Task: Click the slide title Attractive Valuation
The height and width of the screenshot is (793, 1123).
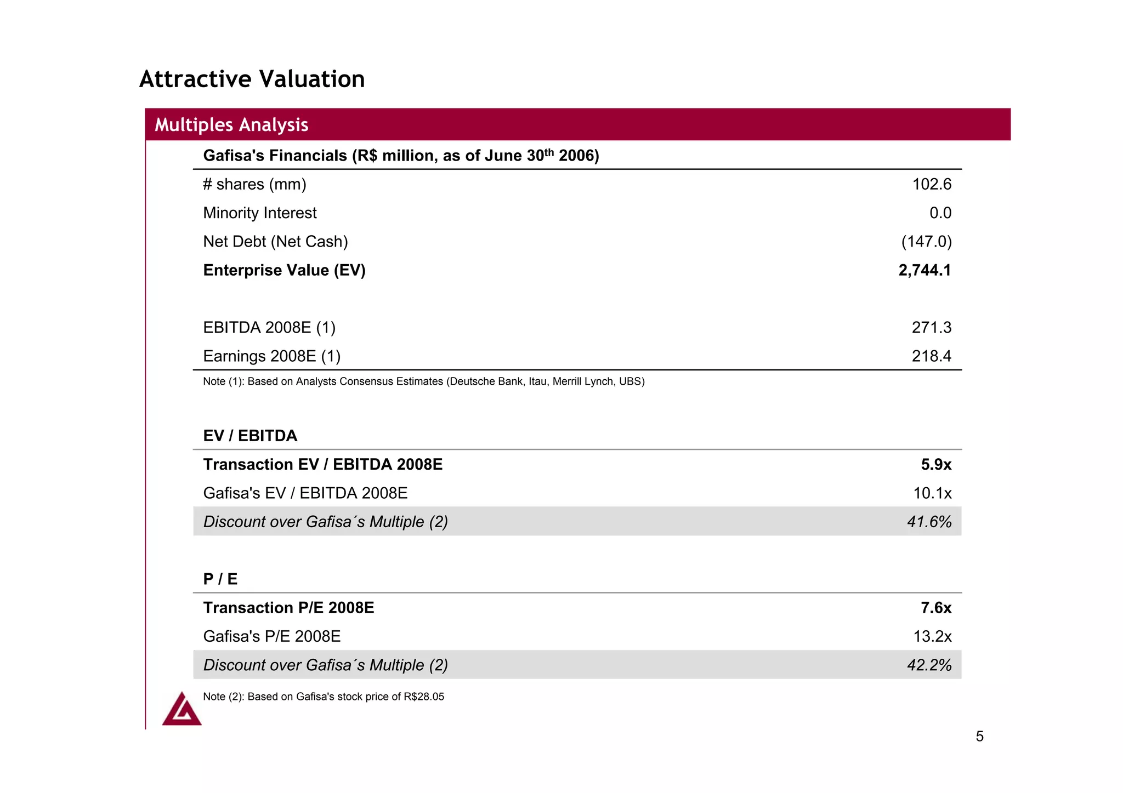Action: tap(252, 79)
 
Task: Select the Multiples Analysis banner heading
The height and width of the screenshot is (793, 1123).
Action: tap(231, 125)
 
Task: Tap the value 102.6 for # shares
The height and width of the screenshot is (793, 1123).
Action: tap(931, 184)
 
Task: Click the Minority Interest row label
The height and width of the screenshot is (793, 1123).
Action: tap(260, 213)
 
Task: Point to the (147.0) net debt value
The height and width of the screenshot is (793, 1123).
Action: tap(926, 242)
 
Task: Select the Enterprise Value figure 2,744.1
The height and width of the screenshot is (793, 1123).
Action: tap(925, 270)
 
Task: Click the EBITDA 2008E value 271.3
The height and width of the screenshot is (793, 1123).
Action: tap(931, 328)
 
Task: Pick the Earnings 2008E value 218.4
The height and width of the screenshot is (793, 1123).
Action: tap(931, 356)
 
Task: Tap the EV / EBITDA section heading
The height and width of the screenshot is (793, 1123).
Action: tap(250, 436)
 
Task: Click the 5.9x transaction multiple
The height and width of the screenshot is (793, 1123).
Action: tap(936, 465)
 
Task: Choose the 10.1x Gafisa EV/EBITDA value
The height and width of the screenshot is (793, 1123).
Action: tap(932, 493)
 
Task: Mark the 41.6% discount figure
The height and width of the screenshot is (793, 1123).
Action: tap(929, 522)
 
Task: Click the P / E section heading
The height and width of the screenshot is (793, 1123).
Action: tap(220, 579)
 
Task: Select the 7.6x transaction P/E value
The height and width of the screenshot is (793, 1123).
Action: tap(936, 608)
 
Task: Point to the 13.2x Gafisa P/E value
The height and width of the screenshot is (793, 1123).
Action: tap(932, 636)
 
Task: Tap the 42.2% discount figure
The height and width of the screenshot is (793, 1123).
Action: tap(929, 665)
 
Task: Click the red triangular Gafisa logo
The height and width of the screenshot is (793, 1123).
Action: tap(182, 710)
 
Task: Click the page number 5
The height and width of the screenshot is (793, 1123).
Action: tap(979, 737)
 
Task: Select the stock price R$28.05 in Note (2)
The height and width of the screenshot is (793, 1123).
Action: tap(424, 697)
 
